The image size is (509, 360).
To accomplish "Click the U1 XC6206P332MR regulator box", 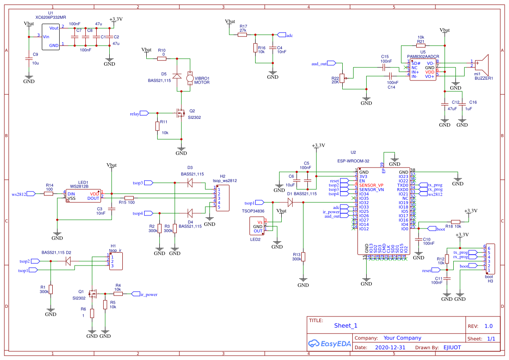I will point(51,36).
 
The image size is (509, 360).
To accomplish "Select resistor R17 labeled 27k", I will point(243,35).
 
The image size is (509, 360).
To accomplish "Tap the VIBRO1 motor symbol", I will point(190,79).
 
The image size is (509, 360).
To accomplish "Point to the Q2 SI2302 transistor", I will point(179,114).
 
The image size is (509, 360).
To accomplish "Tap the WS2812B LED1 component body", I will point(83,196).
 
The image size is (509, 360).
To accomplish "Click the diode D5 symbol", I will point(177,76).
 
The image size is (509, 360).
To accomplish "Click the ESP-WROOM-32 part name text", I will point(353,161).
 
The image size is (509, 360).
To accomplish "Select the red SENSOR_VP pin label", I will point(371,185).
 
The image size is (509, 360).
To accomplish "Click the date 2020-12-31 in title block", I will point(390,347).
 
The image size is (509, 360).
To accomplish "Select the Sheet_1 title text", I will point(346,326).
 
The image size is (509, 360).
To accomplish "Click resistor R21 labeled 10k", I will point(420,45).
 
